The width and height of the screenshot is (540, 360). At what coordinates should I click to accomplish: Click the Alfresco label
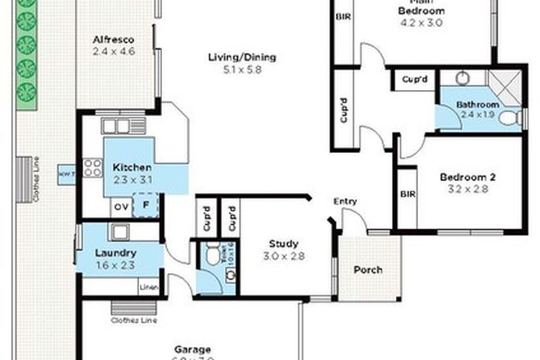[x=113, y=39]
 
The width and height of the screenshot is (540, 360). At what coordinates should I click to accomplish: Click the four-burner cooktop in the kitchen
[x=92, y=168]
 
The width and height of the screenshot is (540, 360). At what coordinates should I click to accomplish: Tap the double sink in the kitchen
[x=116, y=127]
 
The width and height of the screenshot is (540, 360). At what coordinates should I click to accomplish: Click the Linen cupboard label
[x=148, y=287]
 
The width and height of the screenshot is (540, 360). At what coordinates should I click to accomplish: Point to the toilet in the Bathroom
[x=511, y=120]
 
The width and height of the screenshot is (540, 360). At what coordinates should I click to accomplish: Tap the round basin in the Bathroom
[x=462, y=79]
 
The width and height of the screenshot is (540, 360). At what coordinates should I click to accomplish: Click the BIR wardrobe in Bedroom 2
[x=407, y=196]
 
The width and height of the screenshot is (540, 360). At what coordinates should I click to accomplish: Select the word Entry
[x=344, y=202]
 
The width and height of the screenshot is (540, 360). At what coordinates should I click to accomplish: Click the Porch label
[x=367, y=270]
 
